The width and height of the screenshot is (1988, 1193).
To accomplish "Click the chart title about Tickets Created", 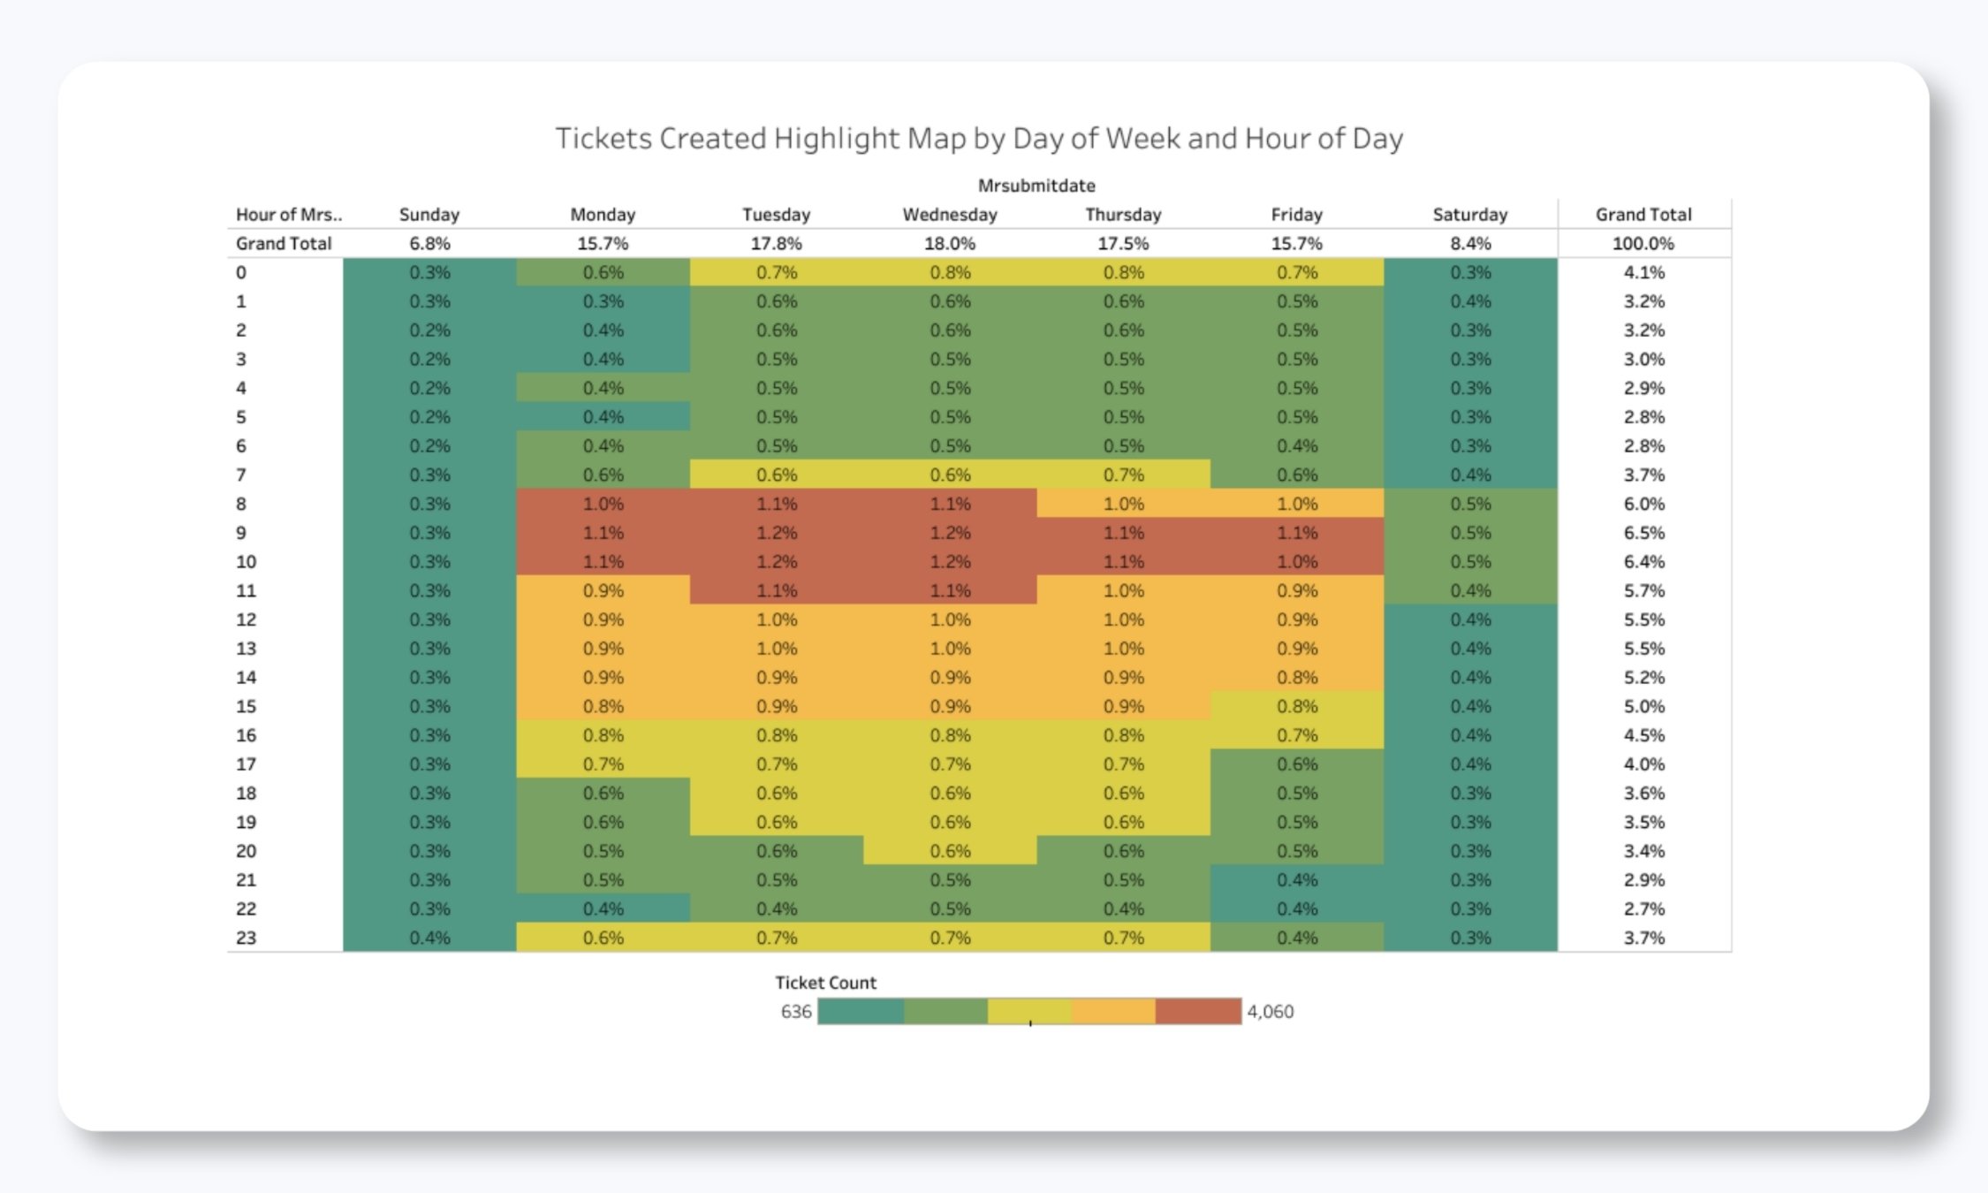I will (x=978, y=139).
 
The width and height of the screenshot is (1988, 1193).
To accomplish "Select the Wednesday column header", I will (x=949, y=215).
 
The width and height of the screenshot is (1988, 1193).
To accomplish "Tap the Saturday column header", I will (x=1469, y=215).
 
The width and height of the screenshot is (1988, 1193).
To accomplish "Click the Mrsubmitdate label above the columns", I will (x=1036, y=186).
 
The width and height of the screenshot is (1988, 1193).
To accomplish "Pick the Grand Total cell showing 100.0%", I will (x=1643, y=244).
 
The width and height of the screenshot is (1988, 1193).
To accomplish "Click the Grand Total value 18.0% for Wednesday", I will (x=949, y=244).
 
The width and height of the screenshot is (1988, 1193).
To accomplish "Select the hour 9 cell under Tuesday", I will (x=776, y=533).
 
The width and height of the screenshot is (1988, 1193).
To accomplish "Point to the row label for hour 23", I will (x=246, y=938).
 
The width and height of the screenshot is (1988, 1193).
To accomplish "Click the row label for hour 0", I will (x=240, y=273).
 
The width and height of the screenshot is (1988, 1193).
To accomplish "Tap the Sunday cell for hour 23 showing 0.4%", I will (x=429, y=938).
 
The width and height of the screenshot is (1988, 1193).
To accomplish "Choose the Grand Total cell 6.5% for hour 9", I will (x=1643, y=533).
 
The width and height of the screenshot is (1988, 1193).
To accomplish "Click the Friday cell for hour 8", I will (x=1296, y=504).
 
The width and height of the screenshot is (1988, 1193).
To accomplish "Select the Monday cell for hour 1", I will (x=603, y=301).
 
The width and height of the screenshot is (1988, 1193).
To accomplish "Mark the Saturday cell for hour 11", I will (x=1469, y=590).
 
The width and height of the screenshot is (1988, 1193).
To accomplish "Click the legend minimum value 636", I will (x=795, y=1012).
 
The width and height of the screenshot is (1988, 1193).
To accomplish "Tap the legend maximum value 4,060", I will (x=1270, y=1012).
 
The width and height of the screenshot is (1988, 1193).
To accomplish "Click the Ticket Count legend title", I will (x=825, y=983).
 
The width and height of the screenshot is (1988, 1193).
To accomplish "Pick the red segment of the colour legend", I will (x=1197, y=1012).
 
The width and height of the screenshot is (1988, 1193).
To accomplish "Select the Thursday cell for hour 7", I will (x=1123, y=475).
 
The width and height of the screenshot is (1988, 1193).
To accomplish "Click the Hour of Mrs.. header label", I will (x=288, y=215).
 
